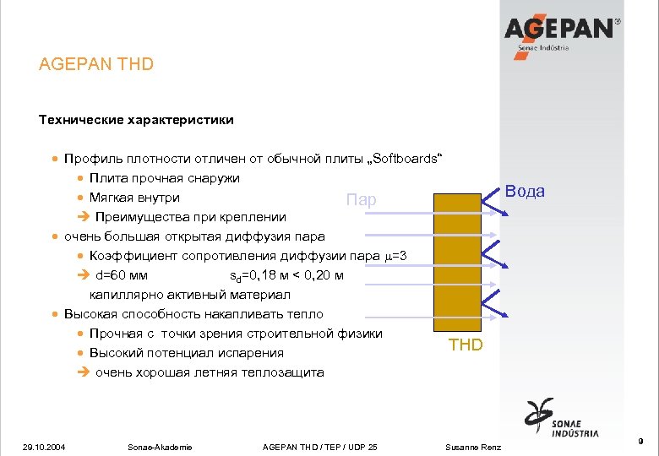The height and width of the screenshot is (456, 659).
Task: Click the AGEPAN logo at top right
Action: [565, 32]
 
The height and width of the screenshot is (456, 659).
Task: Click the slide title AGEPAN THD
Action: [96, 64]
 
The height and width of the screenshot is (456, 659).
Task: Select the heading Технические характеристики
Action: [136, 120]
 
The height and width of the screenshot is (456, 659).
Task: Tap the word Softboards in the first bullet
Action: [408, 159]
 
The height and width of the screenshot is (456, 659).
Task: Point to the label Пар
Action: [361, 200]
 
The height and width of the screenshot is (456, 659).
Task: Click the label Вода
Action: [525, 191]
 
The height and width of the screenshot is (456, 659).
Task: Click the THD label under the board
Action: [466, 345]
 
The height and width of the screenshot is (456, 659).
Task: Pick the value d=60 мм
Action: [122, 275]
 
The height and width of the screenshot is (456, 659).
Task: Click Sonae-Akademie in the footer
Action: [159, 447]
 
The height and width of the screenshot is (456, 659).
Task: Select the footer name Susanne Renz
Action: [473, 447]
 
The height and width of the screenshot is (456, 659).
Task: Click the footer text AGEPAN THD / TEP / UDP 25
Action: [320, 447]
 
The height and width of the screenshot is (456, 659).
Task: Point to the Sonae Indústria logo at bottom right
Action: [562, 420]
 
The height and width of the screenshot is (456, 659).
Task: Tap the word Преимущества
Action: [147, 217]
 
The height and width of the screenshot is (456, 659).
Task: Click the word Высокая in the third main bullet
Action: [91, 314]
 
